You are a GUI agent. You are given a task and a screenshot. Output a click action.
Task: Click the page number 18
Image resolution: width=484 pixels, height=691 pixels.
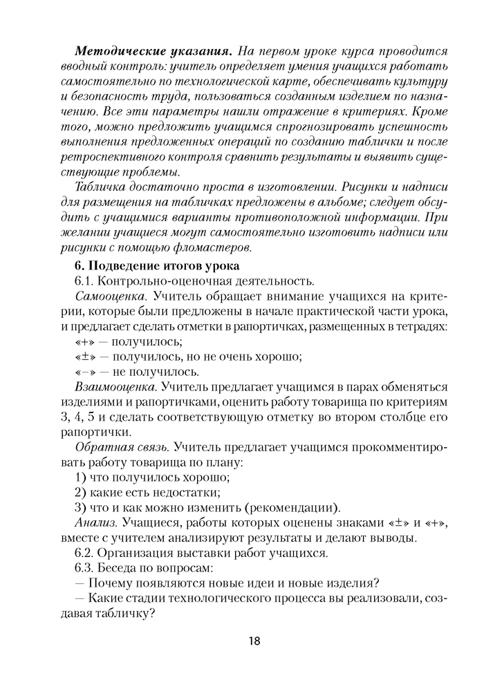click(252, 641)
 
